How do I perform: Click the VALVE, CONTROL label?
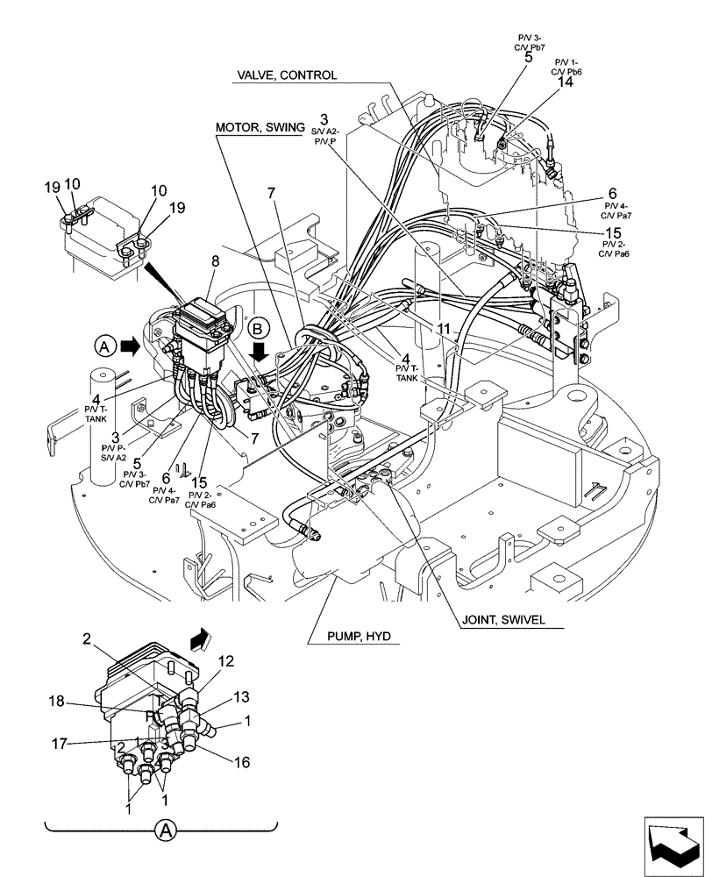(285, 75)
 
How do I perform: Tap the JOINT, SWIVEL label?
(502, 619)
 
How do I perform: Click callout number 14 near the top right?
(566, 82)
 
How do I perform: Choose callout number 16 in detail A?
(241, 763)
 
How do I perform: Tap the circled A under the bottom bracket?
(162, 830)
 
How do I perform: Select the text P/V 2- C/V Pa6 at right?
(612, 248)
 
